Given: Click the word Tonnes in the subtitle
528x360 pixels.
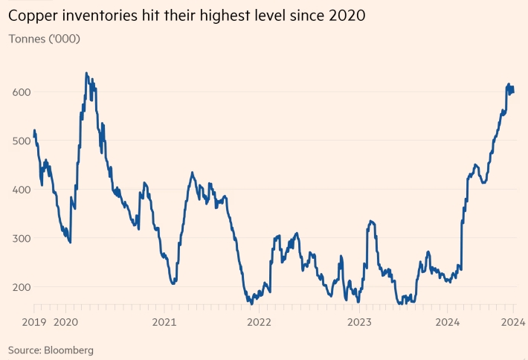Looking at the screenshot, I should click(x=26, y=38).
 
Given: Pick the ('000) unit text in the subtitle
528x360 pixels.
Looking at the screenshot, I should click(x=64, y=38).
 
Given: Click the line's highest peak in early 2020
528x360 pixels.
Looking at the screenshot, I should click(x=86, y=73).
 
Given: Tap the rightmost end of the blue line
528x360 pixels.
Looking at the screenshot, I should click(x=514, y=91).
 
